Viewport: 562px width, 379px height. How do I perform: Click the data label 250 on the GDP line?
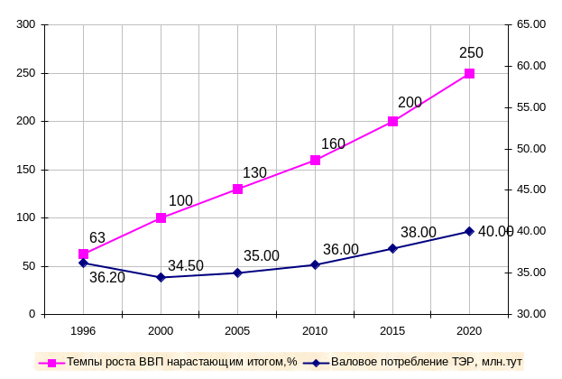(x=471, y=53)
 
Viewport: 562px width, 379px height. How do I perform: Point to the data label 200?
(x=410, y=103)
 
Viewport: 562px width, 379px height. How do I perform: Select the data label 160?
(x=333, y=143)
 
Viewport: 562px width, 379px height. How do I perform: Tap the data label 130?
(x=255, y=173)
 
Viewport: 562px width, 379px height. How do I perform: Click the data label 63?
(x=97, y=238)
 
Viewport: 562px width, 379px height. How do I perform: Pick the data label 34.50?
(x=186, y=266)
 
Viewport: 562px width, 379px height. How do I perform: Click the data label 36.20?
(x=107, y=278)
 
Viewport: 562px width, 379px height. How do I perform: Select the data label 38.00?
(x=418, y=233)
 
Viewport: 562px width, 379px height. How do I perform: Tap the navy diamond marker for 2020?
(x=469, y=231)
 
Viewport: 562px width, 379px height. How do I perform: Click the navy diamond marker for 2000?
(x=161, y=277)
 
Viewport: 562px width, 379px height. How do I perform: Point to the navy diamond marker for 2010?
(x=315, y=264)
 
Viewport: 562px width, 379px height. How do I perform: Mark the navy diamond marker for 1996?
(x=83, y=263)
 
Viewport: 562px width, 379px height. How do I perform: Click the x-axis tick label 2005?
(x=237, y=332)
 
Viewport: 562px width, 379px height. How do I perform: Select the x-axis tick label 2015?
(x=392, y=332)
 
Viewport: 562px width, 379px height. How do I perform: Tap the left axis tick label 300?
(x=25, y=24)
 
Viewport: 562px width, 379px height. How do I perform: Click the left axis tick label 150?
(x=25, y=170)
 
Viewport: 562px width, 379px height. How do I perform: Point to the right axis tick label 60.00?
(x=531, y=66)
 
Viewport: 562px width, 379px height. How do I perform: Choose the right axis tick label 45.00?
(x=531, y=189)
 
